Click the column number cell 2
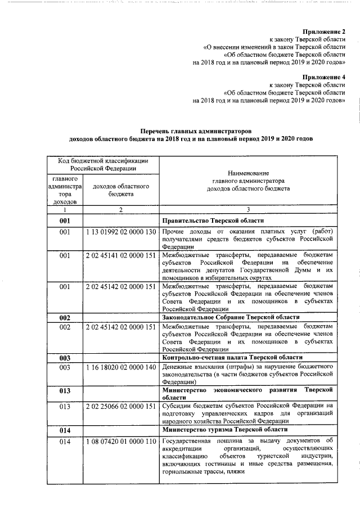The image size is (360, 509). pyautogui.click(x=120, y=210)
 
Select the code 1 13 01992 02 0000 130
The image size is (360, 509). pyautogui.click(x=120, y=232)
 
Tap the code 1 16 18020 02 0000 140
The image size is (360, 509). pyautogui.click(x=120, y=367)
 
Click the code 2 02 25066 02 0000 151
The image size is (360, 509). pyautogui.click(x=120, y=406)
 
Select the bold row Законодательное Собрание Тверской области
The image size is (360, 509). pyautogui.click(x=227, y=318)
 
